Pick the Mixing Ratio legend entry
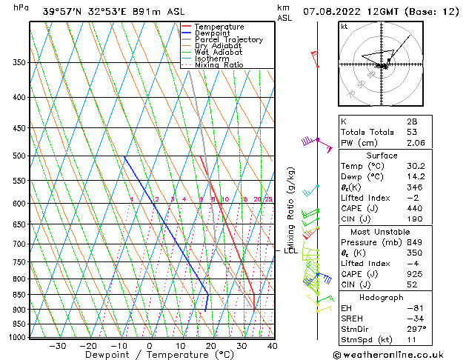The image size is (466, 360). tap(219, 65)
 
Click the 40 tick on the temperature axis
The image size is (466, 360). tap(273, 346)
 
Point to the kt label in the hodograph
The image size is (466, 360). tap(344, 26)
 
